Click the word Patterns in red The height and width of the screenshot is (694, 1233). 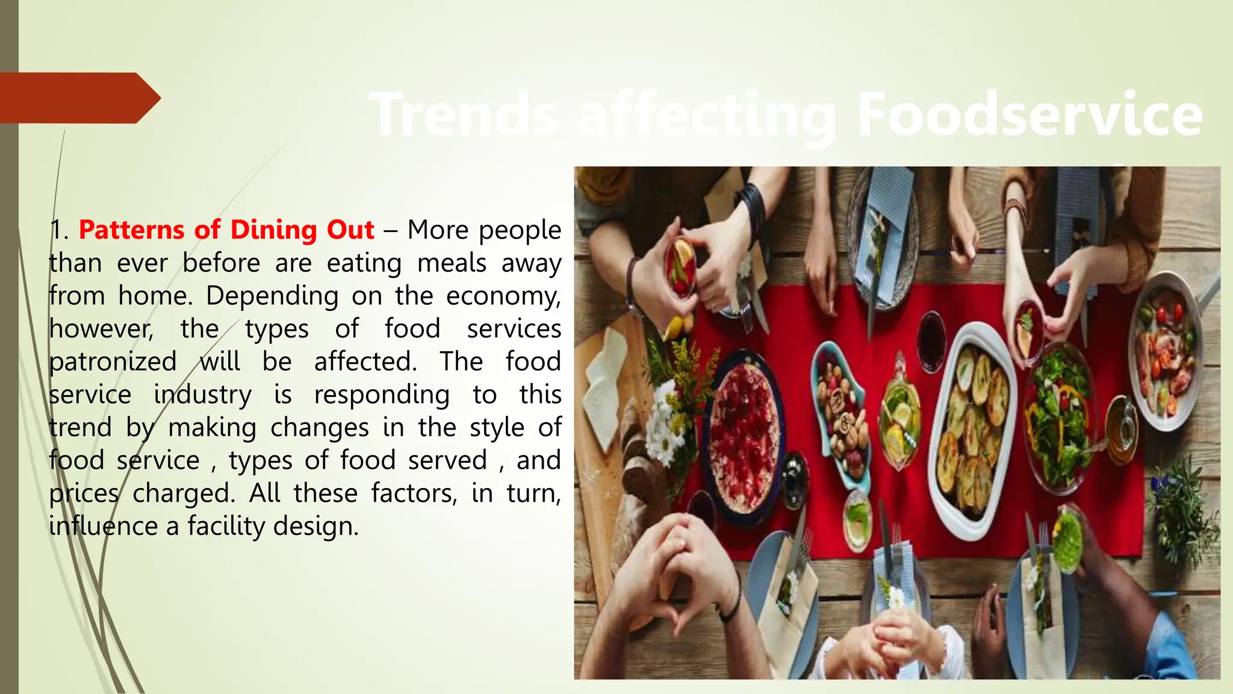[132, 230]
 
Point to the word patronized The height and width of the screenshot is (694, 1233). [113, 362]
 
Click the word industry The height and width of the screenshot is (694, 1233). [202, 395]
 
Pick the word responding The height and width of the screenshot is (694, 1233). [382, 395]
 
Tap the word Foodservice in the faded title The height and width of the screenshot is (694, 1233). [1030, 114]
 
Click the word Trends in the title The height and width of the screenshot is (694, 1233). [464, 114]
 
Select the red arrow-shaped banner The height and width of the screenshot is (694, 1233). [78, 98]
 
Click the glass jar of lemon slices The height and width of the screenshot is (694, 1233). [900, 416]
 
